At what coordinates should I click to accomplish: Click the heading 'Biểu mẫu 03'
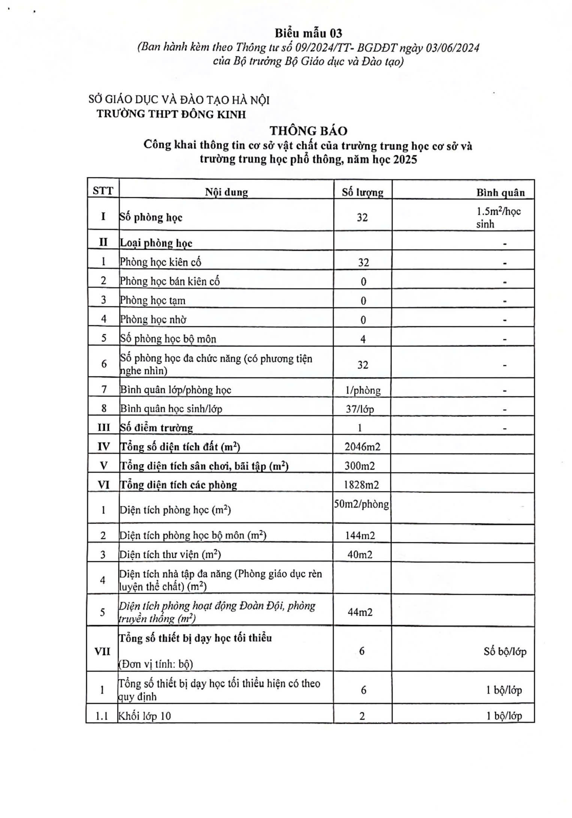click(x=308, y=33)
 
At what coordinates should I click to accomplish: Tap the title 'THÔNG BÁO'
click(x=309, y=131)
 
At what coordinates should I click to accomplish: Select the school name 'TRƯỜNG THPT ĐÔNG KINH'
click(x=171, y=114)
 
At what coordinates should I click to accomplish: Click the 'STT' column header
click(x=103, y=191)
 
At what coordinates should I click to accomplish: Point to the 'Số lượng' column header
click(x=362, y=192)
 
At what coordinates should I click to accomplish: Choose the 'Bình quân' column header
click(x=500, y=192)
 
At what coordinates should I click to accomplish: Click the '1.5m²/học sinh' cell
click(x=498, y=217)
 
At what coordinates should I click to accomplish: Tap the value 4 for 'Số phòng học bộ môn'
click(x=363, y=339)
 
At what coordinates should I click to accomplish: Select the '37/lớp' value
click(x=360, y=409)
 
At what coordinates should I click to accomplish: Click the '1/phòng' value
click(x=363, y=390)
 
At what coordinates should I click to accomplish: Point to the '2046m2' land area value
click(x=362, y=446)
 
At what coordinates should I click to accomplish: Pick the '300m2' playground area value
click(x=360, y=466)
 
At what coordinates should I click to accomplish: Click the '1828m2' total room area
click(x=361, y=485)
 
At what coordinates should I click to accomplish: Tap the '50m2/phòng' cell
click(x=361, y=504)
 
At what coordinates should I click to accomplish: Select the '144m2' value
click(x=360, y=535)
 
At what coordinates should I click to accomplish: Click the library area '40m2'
click(x=360, y=555)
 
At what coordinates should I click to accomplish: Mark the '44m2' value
click(x=360, y=612)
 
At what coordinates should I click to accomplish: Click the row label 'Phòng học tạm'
click(x=152, y=300)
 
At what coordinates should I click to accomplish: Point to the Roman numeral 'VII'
click(x=102, y=651)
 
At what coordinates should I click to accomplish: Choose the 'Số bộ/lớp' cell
click(x=505, y=651)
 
